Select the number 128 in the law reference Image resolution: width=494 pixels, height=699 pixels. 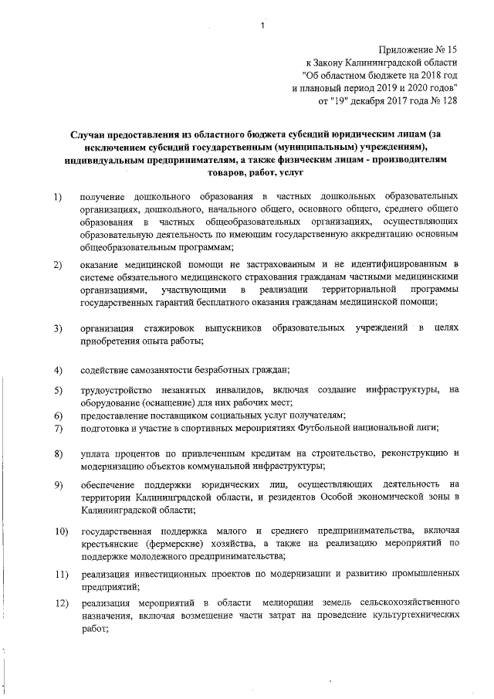[448, 100]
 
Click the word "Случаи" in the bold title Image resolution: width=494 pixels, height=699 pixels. [91, 135]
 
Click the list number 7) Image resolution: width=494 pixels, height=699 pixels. [58, 428]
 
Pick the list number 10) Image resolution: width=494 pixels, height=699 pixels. [60, 532]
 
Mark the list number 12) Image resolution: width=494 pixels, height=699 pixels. [60, 602]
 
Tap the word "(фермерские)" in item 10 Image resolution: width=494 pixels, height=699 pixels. [170, 545]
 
